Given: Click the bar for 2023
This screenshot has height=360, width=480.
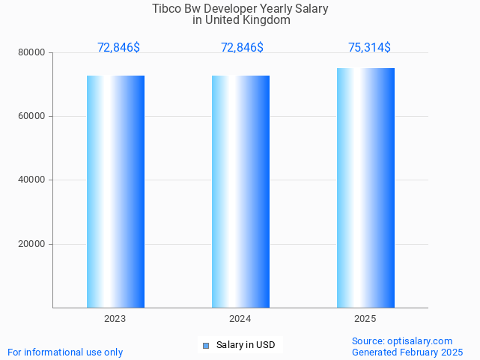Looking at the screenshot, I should coord(115,192).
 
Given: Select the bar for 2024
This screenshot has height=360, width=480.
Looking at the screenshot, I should coord(240,192).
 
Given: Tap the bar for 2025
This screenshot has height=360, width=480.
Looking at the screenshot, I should coord(365,188).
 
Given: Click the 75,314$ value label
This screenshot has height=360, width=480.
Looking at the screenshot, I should coord(369,48).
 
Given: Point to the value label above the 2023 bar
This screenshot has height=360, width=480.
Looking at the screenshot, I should coord(118,48).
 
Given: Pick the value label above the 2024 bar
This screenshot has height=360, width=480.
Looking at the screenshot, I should coord(242,48).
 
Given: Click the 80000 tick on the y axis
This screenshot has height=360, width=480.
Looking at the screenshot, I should coord(33,53).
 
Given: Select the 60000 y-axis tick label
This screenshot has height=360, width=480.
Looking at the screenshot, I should coord(33,117).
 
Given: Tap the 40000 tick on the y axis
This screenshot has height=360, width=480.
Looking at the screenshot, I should coord(33,180).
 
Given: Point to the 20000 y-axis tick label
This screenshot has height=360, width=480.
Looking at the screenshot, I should coord(33,244).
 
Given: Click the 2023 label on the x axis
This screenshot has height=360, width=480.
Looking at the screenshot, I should coord(115,319).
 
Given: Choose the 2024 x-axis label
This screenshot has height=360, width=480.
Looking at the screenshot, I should coord(240,319).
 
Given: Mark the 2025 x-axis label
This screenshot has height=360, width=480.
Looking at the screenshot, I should coord(365,319).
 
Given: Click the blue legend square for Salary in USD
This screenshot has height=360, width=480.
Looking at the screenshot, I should coord(206,345).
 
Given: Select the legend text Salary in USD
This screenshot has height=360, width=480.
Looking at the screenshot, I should coord(246,345).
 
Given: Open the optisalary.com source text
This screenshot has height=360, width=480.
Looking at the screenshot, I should coord(402,341).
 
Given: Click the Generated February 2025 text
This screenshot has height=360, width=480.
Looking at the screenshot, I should coord(407,352).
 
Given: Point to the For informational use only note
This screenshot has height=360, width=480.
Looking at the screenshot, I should coord(65,352).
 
